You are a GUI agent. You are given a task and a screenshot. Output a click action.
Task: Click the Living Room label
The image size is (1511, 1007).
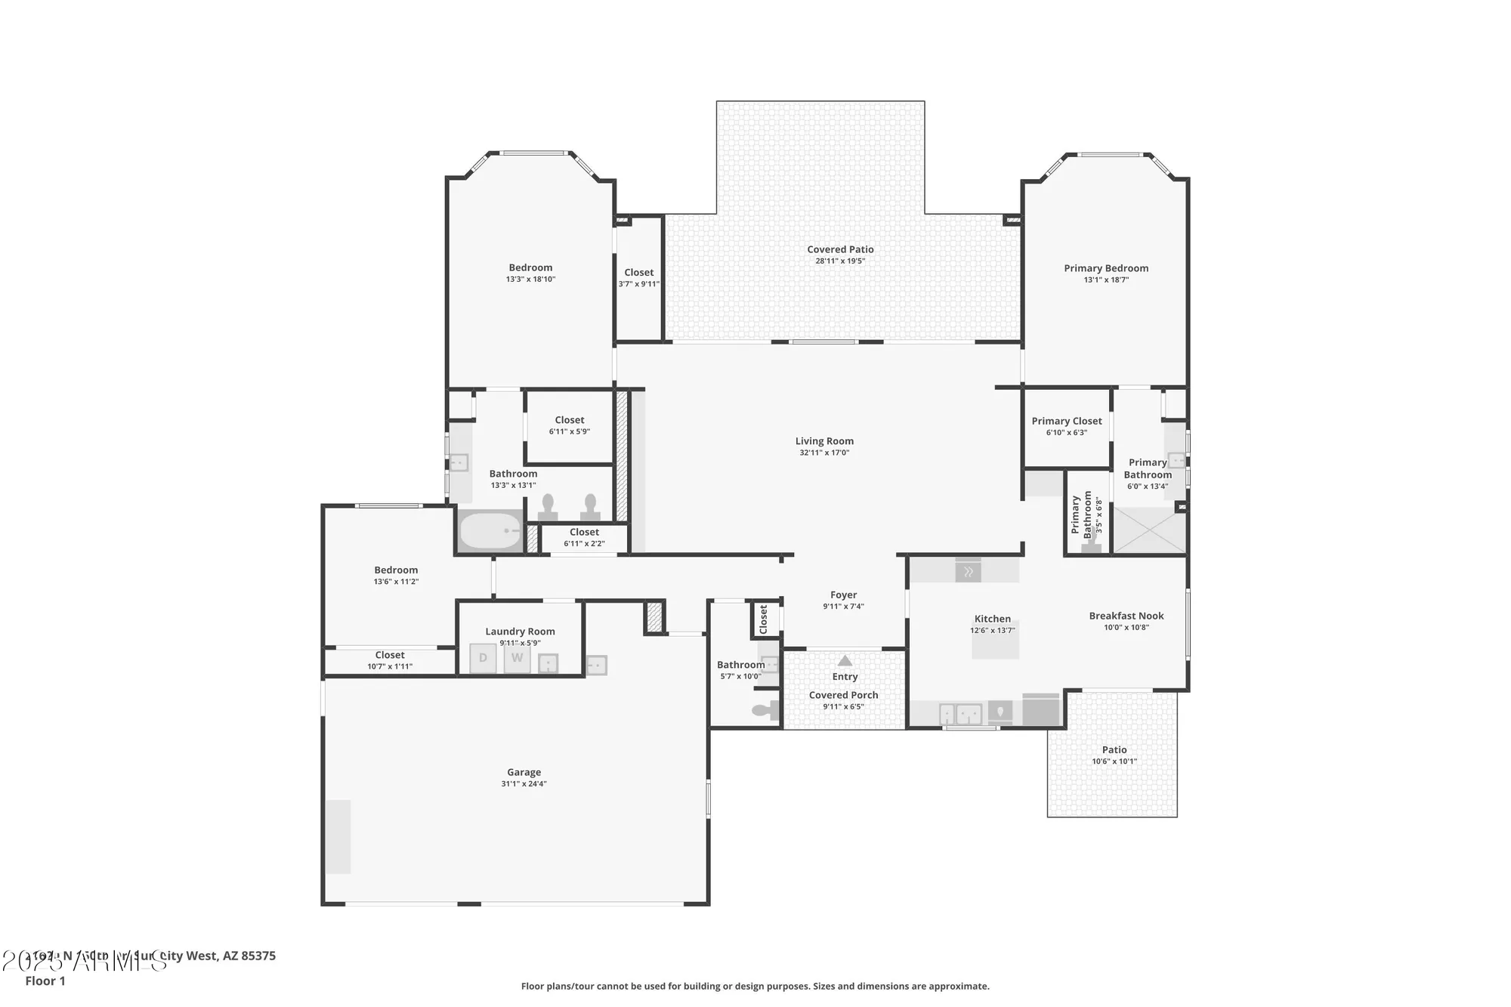point(824,441)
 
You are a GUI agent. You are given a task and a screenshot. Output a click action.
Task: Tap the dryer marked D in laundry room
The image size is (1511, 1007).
point(483,658)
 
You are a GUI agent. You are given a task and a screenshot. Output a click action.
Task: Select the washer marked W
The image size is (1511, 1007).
point(517,658)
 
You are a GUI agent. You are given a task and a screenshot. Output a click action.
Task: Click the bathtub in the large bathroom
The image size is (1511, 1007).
point(490,531)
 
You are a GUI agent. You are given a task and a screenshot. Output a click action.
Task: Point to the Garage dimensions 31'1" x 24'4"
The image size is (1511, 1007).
point(524,784)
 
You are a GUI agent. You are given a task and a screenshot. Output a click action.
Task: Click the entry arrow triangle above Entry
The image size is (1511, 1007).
point(845,661)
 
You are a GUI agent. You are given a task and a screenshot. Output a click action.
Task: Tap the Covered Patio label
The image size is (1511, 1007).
point(840,249)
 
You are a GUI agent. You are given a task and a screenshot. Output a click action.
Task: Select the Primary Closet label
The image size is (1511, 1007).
point(1066,422)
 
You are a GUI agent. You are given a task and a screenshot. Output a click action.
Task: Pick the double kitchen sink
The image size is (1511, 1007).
point(960,714)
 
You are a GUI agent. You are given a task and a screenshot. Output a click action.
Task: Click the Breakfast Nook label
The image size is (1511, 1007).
point(1126,616)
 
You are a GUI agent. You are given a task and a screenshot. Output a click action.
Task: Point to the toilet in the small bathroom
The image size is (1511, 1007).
point(765,710)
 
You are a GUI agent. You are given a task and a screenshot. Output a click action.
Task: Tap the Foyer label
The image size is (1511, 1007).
point(843,595)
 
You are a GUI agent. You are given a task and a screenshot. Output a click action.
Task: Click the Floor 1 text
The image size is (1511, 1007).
point(45,981)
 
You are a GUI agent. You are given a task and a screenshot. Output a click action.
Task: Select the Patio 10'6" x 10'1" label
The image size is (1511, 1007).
point(1114,755)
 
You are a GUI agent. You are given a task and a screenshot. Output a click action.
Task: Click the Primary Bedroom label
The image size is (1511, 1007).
point(1106,268)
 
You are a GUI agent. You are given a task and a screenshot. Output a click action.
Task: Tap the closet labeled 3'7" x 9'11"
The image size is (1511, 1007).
point(639,278)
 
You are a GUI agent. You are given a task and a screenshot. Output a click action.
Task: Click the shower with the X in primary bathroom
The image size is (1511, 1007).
point(1148,530)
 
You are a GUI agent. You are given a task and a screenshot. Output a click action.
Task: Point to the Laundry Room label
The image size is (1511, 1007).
point(520,632)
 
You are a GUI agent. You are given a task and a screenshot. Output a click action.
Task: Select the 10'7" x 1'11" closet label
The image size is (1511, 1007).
point(390,661)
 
